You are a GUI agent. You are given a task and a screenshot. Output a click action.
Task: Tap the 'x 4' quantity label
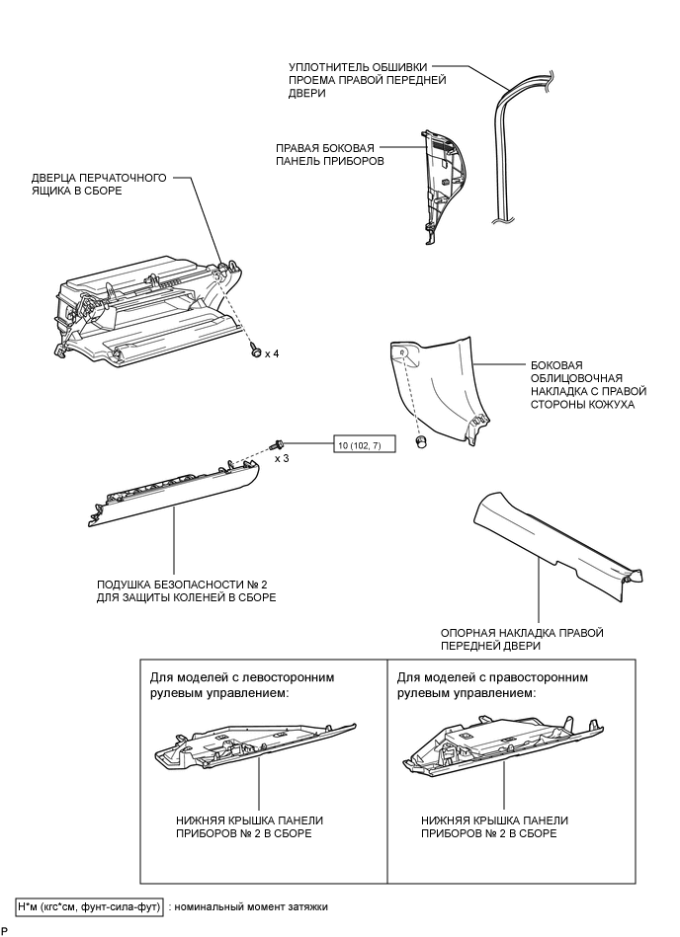(x=272, y=352)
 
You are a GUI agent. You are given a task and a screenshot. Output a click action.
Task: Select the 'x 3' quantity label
(x=282, y=459)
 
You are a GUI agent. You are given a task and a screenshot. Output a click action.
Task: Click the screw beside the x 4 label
(x=255, y=351)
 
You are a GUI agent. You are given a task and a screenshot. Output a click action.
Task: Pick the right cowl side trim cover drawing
(x=435, y=385)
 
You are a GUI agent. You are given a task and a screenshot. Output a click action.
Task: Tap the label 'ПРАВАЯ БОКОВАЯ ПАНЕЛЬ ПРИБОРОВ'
(x=331, y=153)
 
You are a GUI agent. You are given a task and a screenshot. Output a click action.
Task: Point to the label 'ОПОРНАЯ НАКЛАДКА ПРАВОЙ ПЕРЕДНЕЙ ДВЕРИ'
(x=521, y=639)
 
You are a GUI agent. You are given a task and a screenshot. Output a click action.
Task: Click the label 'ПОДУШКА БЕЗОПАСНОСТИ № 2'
(x=187, y=590)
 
